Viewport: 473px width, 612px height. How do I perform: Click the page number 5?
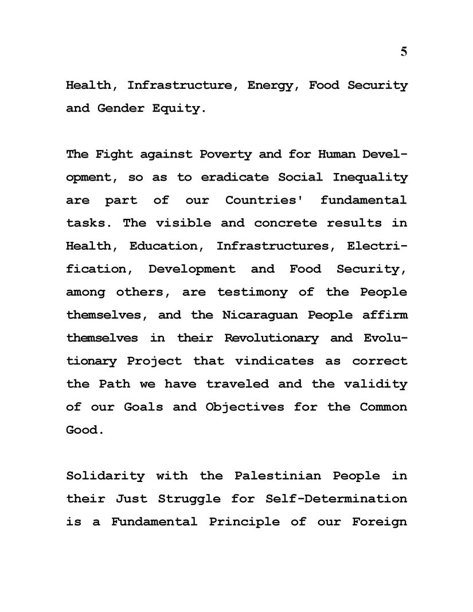(404, 52)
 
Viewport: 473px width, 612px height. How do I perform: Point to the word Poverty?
(225, 155)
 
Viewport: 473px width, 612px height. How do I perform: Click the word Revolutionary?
(271, 338)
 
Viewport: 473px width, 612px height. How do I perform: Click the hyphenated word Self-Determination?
(337, 499)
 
